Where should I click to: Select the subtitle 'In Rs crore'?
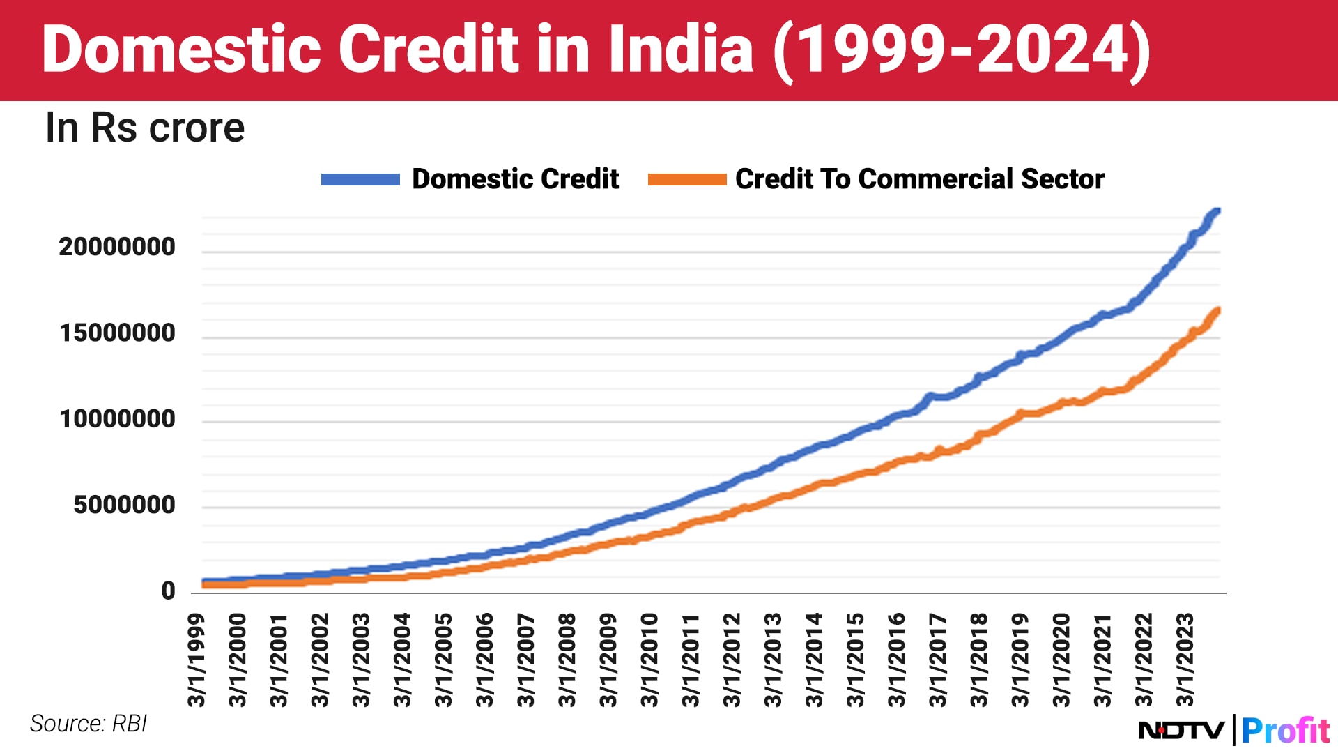145,128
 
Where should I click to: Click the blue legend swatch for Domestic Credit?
360,179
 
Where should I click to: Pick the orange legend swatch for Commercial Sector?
687,179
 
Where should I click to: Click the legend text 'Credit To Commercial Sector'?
920,179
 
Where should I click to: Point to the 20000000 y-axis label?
117,247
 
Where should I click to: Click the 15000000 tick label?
117,333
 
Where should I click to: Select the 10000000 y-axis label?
117,419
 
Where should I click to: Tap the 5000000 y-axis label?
124,505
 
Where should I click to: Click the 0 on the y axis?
168,591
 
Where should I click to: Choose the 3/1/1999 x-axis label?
197,660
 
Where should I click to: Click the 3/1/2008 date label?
568,660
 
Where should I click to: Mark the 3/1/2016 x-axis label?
897,660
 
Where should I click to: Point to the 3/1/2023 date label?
1185,660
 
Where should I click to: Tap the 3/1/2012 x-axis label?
732,660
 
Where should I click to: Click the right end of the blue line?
1217,211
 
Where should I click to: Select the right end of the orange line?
1217,311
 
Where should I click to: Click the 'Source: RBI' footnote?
89,724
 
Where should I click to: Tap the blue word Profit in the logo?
1285,731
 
